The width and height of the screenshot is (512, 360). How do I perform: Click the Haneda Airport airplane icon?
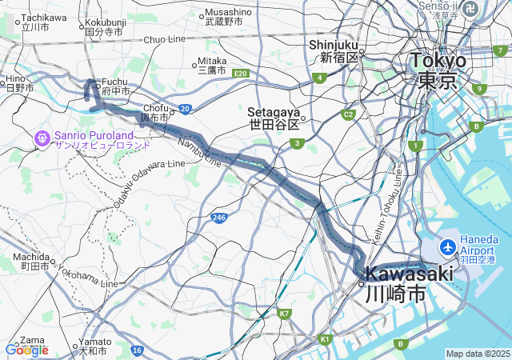446,245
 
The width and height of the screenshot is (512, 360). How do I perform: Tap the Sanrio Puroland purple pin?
42,138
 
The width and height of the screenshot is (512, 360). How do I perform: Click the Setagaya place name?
273,112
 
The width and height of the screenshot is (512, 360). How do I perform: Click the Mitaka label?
212,60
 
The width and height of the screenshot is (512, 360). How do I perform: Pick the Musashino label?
228,12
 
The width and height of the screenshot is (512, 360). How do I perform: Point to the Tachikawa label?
43,17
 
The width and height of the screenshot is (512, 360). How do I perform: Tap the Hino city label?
15,78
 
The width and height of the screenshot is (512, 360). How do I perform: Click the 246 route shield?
220,217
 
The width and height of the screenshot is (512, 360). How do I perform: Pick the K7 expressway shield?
284,313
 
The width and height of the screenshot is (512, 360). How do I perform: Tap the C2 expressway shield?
348,114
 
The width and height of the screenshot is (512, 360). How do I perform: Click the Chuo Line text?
164,38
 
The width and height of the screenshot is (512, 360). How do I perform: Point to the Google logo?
26,350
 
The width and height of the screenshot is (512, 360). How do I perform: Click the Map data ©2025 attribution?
477,354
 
